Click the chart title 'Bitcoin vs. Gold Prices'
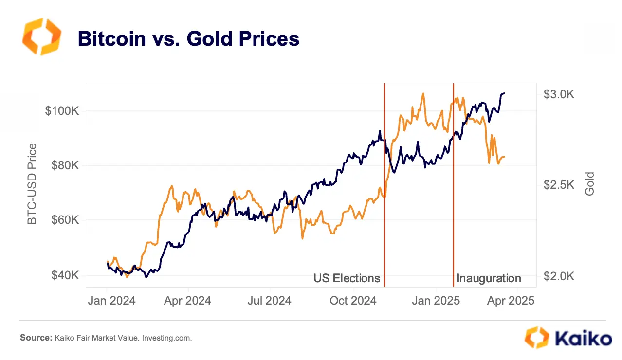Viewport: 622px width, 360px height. [x=188, y=39]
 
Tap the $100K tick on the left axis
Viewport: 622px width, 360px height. [x=62, y=111]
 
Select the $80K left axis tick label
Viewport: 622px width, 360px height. [x=64, y=166]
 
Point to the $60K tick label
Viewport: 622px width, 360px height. [x=64, y=220]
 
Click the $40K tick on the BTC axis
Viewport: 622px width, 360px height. [x=64, y=275]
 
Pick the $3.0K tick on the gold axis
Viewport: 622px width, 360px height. [x=559, y=94]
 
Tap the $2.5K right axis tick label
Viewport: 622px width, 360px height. [x=559, y=185]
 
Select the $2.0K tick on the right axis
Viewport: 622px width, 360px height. [x=559, y=276]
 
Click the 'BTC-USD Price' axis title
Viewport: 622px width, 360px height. [x=32, y=184]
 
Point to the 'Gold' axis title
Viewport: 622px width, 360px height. [x=590, y=184]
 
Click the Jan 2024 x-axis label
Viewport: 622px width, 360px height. [x=111, y=301]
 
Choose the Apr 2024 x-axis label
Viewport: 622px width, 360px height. [x=187, y=301]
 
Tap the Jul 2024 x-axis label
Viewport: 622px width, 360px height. [x=269, y=301]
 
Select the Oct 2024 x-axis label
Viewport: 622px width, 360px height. [x=353, y=301]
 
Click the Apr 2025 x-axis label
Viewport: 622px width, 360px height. [x=511, y=301]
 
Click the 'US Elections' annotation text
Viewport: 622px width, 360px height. [x=347, y=278]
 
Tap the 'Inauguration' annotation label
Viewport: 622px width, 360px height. [x=489, y=279]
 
